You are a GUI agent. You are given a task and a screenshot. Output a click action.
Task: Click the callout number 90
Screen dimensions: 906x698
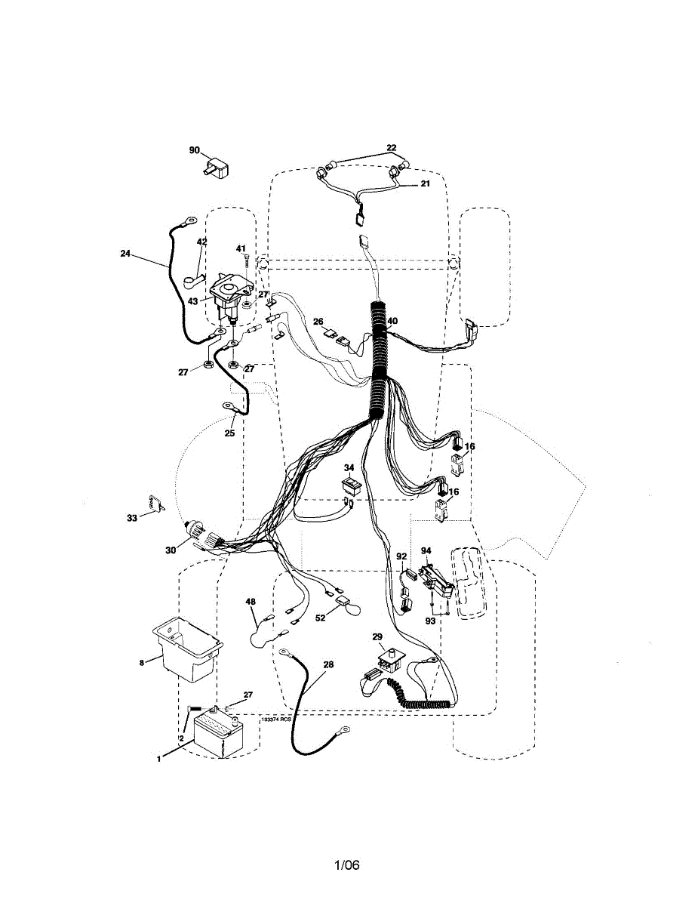[194, 150]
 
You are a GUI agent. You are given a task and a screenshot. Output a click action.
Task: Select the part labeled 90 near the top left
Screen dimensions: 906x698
[219, 164]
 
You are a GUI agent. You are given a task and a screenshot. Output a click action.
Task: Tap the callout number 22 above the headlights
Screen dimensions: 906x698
[391, 148]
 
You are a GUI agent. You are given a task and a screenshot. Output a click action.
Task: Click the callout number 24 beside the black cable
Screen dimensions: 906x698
[125, 254]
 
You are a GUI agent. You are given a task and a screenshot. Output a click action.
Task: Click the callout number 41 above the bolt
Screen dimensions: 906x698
[241, 248]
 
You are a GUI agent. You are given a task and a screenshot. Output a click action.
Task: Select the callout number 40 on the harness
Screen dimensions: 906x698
[392, 321]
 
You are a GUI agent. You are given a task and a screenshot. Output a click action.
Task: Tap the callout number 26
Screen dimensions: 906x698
[318, 321]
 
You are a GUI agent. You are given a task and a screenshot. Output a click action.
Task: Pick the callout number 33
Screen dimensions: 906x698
[132, 518]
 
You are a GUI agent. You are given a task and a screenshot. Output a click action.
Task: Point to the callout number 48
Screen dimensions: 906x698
[251, 602]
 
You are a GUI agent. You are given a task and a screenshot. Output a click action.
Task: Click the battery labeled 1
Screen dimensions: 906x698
[218, 732]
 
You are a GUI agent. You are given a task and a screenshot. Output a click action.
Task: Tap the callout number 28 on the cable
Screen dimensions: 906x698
[327, 664]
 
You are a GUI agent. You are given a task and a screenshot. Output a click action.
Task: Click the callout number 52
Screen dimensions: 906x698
[321, 618]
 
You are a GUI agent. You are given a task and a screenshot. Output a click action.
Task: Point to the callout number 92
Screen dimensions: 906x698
[401, 556]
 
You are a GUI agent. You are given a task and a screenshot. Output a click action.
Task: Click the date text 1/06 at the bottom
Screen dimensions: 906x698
[347, 865]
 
